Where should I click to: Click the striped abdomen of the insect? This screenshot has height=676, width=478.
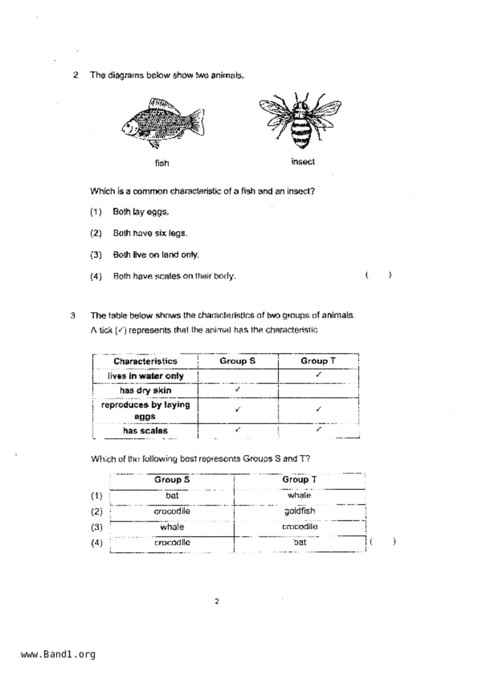pyautogui.click(x=301, y=133)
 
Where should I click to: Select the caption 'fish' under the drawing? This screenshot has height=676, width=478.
pyautogui.click(x=162, y=163)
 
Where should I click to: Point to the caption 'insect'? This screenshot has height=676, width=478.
pyautogui.click(x=303, y=162)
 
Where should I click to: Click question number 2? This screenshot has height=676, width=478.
pyautogui.click(x=76, y=75)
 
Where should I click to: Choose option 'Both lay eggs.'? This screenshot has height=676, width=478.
pyautogui.click(x=140, y=212)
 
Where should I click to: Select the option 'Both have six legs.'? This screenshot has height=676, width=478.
pyautogui.click(x=150, y=233)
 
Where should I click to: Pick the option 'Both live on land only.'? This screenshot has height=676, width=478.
pyautogui.click(x=156, y=255)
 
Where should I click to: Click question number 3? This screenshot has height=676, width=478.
pyautogui.click(x=73, y=316)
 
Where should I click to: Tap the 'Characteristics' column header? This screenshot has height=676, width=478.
pyautogui.click(x=145, y=361)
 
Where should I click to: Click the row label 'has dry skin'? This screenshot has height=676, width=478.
pyautogui.click(x=145, y=390)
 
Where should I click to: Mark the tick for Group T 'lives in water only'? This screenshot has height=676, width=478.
pyautogui.click(x=319, y=374)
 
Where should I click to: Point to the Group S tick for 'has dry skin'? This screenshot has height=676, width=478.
pyautogui.click(x=238, y=389)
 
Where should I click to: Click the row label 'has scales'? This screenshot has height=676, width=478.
pyautogui.click(x=145, y=430)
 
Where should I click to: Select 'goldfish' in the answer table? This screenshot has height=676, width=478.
pyautogui.click(x=300, y=511)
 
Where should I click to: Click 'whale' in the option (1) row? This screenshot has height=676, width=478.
pyautogui.click(x=299, y=495)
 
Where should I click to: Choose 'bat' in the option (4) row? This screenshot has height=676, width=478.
pyautogui.click(x=300, y=542)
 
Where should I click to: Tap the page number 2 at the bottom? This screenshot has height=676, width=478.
pyautogui.click(x=217, y=601)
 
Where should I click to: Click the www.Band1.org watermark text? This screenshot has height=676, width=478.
pyautogui.click(x=58, y=654)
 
